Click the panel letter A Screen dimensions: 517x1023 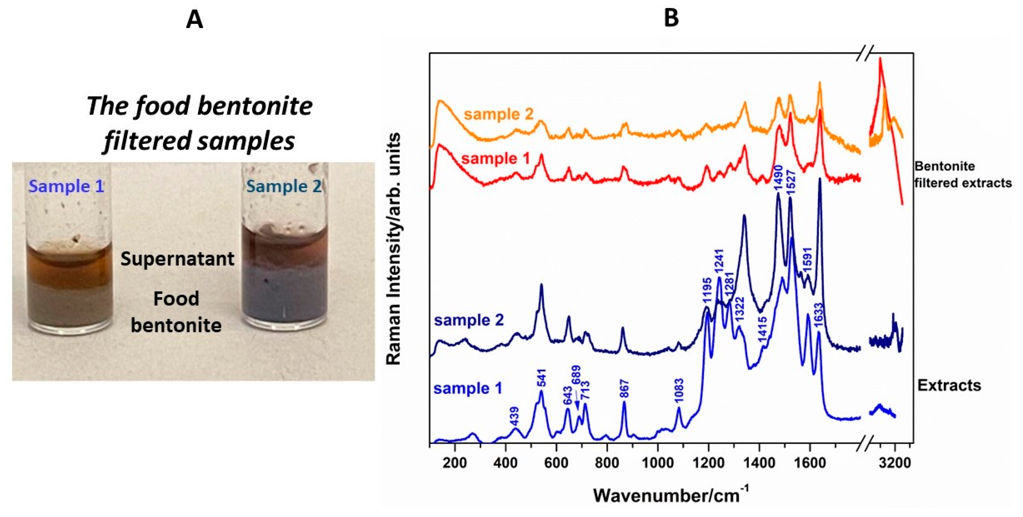pos(194,19)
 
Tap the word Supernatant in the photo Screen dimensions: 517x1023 pos(177,259)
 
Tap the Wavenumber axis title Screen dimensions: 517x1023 pos(671,495)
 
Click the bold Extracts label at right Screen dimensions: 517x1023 pos(949,385)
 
